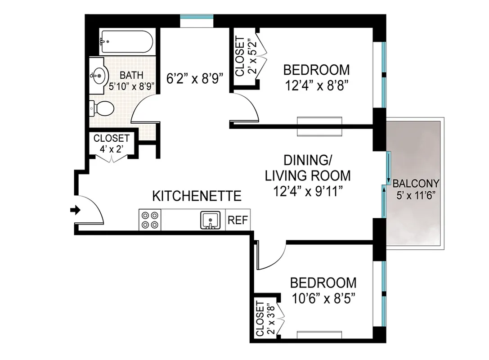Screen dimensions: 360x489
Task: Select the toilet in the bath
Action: pos(103,108)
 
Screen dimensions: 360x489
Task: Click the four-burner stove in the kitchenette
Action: pos(150,220)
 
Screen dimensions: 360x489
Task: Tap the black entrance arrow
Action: pos(76,210)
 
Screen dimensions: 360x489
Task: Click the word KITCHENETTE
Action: pos(197,196)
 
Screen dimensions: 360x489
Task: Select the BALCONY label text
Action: pos(416,184)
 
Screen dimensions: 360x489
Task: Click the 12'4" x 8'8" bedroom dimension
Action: pos(316,85)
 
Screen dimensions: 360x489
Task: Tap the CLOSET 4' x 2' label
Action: pos(111,143)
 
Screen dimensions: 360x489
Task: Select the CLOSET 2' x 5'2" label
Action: pos(246,56)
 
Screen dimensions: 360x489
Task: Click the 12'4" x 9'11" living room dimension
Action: pos(308,191)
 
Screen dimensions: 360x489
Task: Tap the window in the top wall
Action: pos(197,18)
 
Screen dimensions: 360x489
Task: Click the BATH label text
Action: pos(131,75)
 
